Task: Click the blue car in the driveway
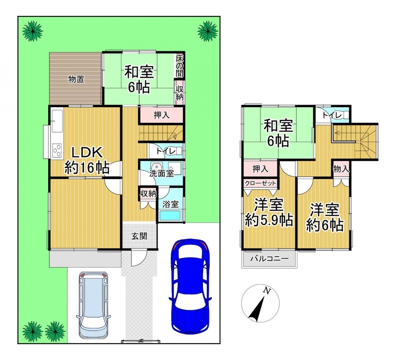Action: pos(190,286)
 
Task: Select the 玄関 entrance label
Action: pos(139,237)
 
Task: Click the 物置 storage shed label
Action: pos(76,79)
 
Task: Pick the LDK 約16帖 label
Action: pos(87,160)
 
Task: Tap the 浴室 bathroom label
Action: pos(171,204)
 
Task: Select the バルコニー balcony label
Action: pos(269,259)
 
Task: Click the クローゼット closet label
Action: pos(260,183)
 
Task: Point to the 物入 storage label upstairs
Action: pos(341,169)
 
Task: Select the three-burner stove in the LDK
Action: pos(57,150)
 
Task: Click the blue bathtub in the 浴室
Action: pos(170,216)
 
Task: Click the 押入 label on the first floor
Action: pos(162,115)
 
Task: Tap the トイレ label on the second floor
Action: pos(332,115)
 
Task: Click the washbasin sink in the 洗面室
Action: pos(155,167)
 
